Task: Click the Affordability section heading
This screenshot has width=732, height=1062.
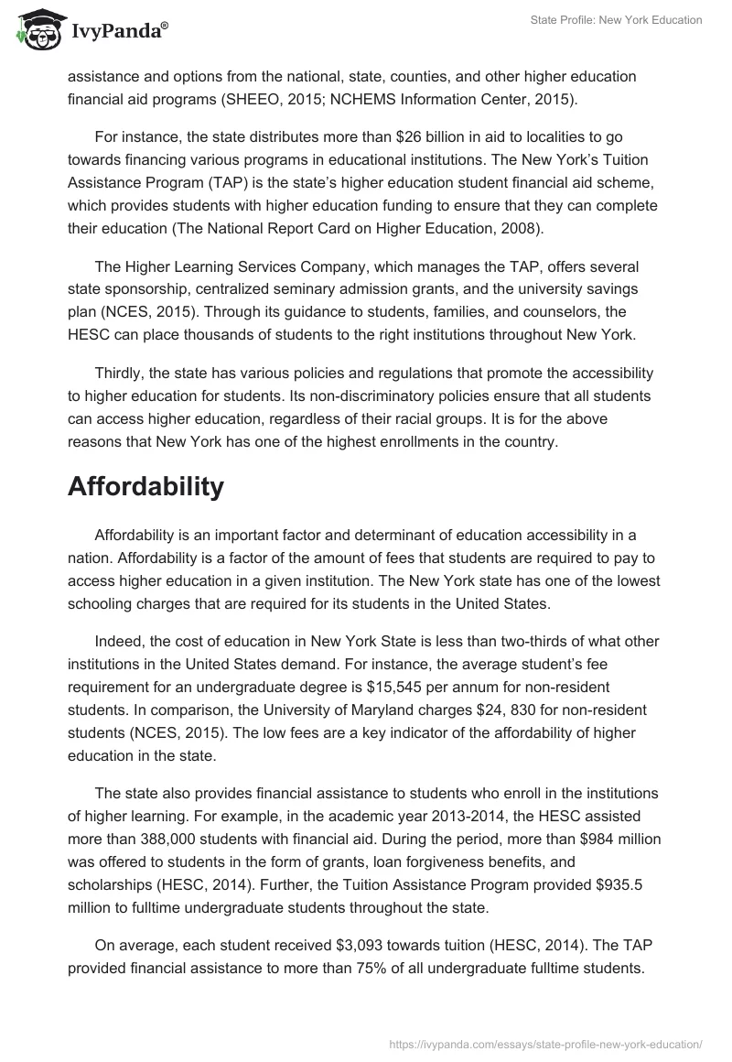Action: (x=145, y=487)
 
